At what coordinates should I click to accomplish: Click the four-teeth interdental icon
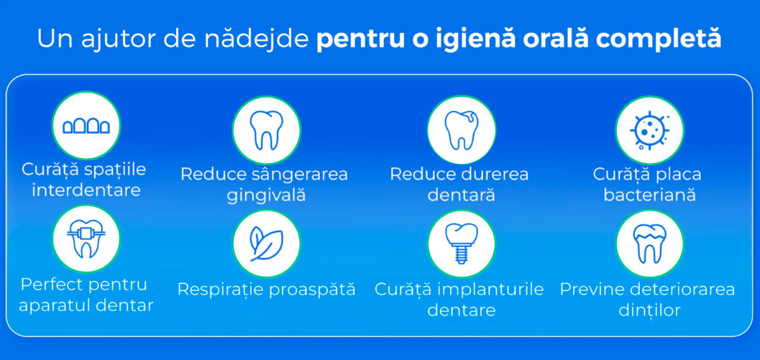click(86, 126)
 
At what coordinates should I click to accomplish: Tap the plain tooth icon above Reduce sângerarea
click(266, 130)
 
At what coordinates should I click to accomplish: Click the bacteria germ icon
click(649, 130)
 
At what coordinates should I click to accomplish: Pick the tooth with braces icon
click(86, 238)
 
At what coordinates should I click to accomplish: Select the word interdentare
click(86, 190)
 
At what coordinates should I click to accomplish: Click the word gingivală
click(266, 195)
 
